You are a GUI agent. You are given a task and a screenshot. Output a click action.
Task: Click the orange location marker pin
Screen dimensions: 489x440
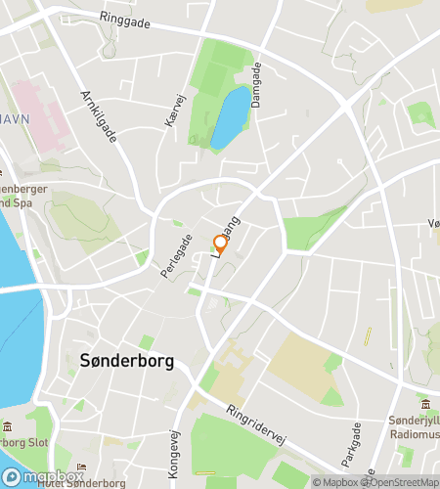221,245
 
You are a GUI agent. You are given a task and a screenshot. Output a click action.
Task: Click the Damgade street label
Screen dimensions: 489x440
257,85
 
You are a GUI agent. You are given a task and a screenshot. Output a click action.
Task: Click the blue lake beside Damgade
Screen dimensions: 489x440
231,116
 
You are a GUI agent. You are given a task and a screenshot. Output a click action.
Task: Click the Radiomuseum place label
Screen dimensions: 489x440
416,426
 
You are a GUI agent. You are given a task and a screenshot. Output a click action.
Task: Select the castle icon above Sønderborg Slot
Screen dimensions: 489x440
8,427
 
